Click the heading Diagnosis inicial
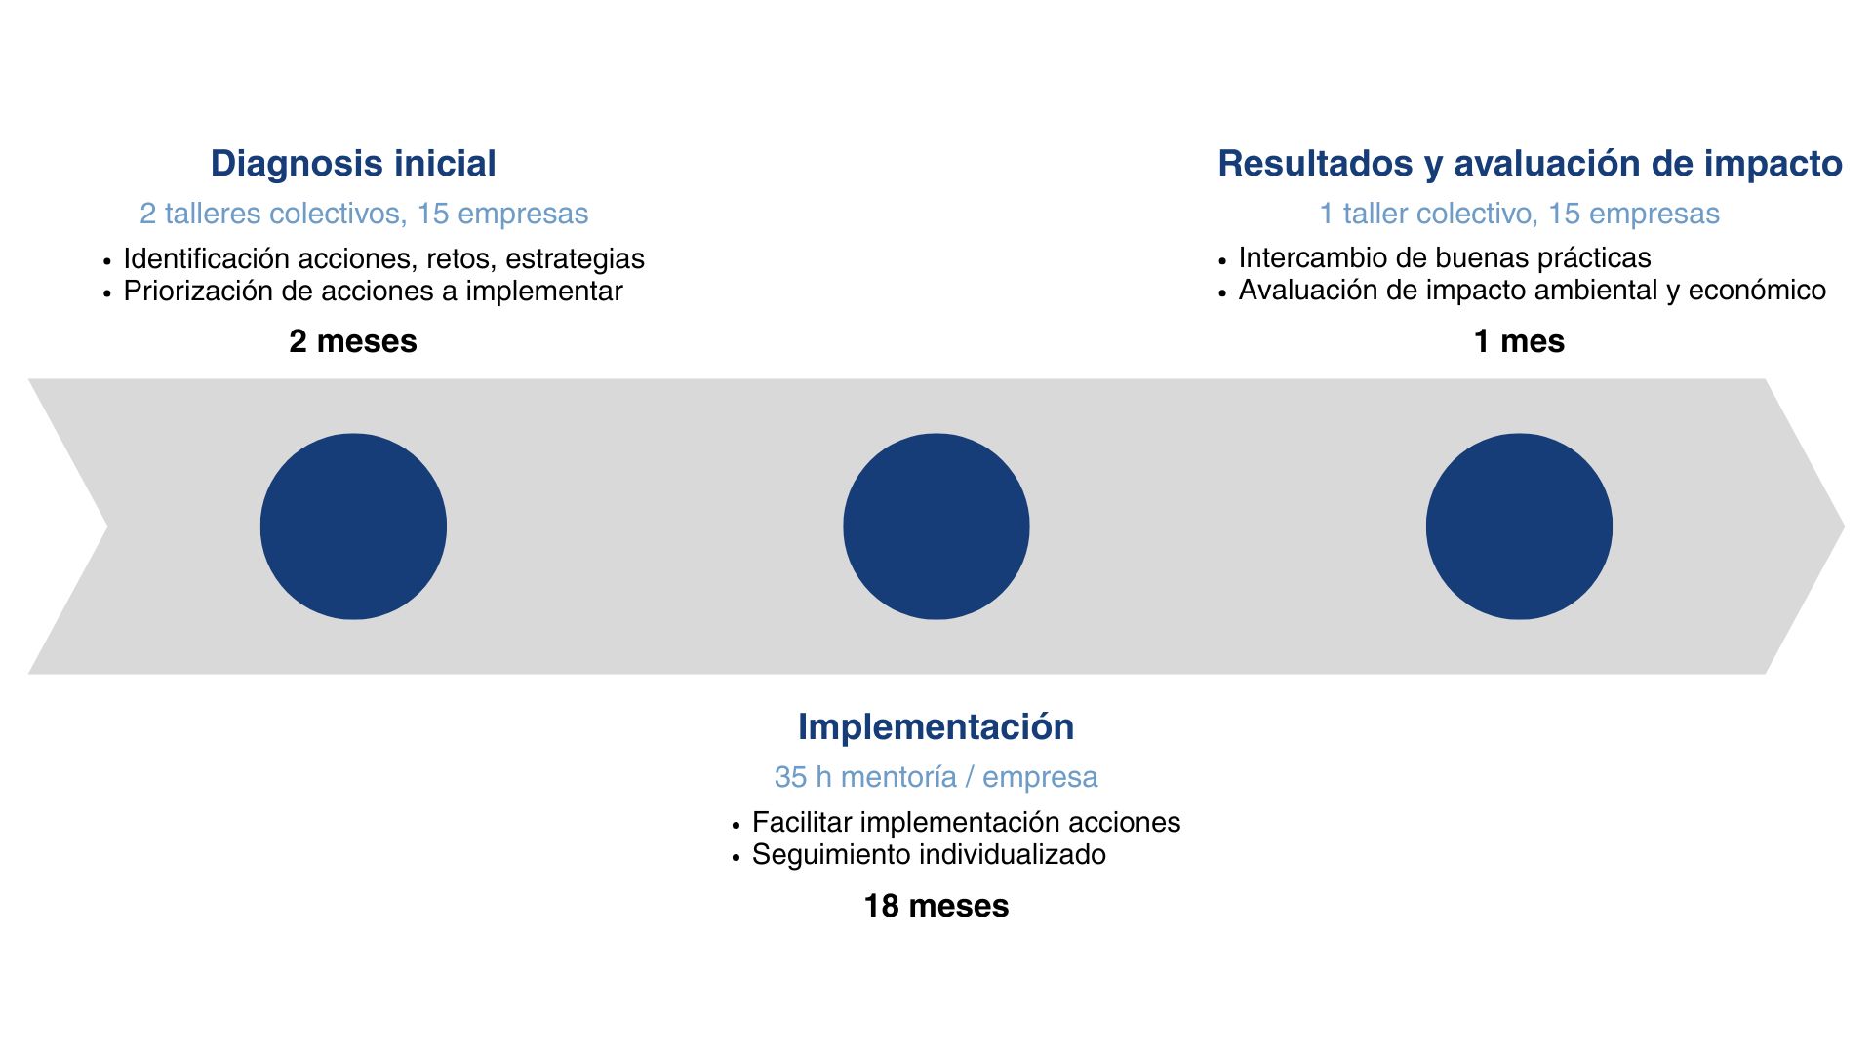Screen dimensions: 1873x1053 tap(353, 164)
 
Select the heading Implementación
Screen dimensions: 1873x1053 tap(936, 727)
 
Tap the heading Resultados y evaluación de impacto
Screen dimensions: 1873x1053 tap(1530, 164)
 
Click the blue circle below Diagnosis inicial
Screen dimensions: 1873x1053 tap(353, 526)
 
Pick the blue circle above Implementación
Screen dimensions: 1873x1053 tap(936, 526)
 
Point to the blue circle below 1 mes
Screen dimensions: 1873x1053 tap(1519, 526)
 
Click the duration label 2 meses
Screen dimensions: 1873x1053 tap(353, 341)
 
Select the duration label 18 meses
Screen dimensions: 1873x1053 tap(936, 906)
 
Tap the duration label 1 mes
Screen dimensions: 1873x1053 tap(1519, 341)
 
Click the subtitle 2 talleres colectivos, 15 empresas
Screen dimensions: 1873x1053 tap(364, 214)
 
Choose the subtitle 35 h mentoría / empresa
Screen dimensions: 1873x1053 tap(936, 777)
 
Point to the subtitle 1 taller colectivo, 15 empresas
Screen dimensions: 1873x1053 tap(1519, 214)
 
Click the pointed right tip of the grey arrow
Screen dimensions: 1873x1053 tap(1844, 526)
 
